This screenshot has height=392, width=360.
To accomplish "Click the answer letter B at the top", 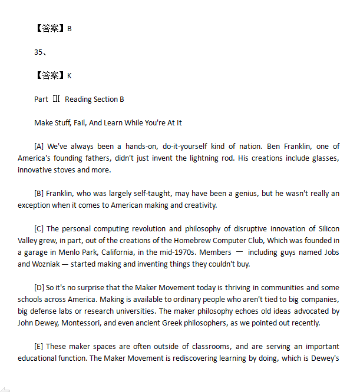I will coord(70,29).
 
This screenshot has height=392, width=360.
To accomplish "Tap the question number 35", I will coord(39,52).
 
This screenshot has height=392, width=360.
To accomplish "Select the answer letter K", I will coord(70,76).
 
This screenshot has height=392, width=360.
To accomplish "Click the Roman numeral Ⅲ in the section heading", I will coord(57,99).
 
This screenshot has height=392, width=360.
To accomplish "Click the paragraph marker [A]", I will coord(39,147).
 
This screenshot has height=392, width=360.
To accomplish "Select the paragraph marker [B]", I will coord(39,194).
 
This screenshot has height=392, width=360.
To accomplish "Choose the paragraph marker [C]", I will coord(39,229).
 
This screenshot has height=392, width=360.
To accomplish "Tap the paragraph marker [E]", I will coord(39,347).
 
